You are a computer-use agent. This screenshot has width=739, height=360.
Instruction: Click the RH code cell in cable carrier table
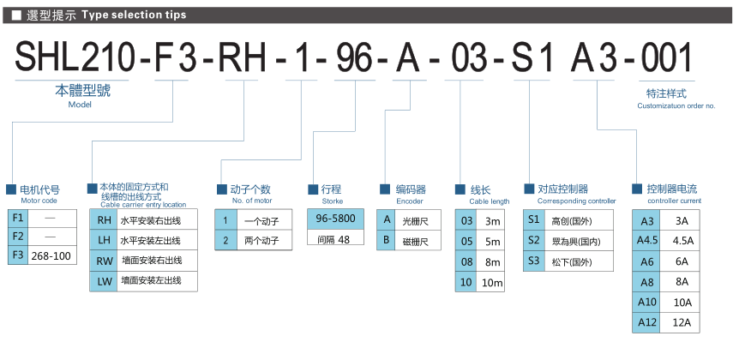pyautogui.click(x=104, y=219)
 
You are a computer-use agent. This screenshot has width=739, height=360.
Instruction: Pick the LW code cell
pyautogui.click(x=104, y=279)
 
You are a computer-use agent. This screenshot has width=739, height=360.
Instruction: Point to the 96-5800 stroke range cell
pyautogui.click(x=341, y=219)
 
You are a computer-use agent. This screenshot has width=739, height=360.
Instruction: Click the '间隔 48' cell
pyautogui.click(x=341, y=240)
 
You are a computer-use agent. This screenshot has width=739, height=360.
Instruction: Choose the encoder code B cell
pyautogui.click(x=387, y=240)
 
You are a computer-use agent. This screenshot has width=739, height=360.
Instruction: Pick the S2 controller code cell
pyautogui.click(x=534, y=240)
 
